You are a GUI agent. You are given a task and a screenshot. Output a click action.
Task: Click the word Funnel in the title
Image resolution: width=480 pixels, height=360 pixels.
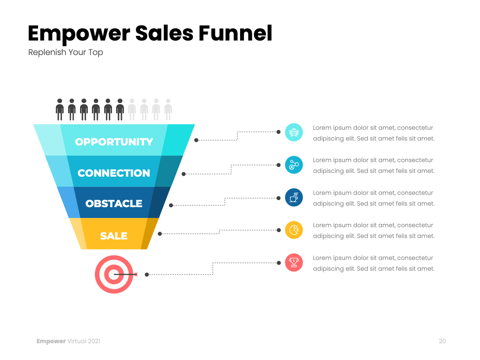(x=235, y=33)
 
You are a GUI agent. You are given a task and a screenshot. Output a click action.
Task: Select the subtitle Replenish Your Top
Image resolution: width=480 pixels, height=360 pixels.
(x=65, y=52)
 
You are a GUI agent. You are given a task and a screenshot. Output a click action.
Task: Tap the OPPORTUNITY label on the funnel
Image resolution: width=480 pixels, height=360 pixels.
(x=114, y=142)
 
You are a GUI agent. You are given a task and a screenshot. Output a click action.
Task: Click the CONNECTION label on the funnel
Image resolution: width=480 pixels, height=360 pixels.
(x=114, y=173)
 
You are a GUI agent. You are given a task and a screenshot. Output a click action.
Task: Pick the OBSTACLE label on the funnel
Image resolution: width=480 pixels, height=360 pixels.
(x=114, y=203)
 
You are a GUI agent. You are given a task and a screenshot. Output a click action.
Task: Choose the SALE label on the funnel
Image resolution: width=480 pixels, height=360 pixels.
(x=114, y=236)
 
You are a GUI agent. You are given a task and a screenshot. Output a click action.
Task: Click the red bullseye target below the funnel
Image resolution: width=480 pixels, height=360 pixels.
(x=114, y=274)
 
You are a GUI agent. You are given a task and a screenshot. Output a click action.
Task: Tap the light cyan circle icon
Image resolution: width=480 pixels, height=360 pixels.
(x=294, y=132)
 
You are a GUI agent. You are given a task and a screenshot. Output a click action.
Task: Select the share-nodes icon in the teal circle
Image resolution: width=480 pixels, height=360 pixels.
(x=294, y=165)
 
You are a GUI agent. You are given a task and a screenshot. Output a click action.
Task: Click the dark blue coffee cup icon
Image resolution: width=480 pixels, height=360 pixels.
(x=294, y=197)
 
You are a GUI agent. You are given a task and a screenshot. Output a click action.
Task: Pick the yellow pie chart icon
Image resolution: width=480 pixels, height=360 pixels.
(x=294, y=230)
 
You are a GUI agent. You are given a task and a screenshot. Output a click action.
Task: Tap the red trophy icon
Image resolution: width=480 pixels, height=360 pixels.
(x=294, y=263)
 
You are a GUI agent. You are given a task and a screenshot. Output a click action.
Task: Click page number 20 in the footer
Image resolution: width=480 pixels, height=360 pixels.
(x=442, y=341)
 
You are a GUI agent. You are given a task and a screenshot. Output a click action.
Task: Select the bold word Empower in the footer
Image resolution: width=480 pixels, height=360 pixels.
(x=51, y=341)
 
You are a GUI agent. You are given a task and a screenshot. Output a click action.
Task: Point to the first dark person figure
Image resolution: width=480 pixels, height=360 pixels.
(x=60, y=109)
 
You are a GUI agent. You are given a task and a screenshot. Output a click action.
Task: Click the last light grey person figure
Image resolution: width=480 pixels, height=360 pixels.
(x=168, y=109)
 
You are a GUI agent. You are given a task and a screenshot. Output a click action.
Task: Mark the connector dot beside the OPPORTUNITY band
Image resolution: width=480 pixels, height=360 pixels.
(x=196, y=140)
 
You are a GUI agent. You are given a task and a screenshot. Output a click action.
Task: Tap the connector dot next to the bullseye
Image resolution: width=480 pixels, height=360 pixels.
(x=147, y=274)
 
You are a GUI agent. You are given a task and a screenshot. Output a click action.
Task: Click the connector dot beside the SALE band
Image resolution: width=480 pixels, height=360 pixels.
(x=160, y=234)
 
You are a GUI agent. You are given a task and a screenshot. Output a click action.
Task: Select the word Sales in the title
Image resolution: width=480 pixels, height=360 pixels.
(x=164, y=33)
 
